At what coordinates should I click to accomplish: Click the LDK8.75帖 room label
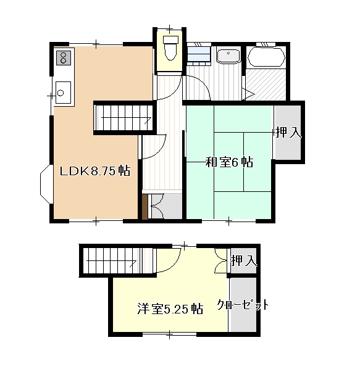(94, 171)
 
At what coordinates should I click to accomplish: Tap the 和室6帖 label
(228, 162)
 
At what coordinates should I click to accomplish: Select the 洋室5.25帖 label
(170, 309)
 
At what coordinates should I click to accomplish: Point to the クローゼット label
(243, 305)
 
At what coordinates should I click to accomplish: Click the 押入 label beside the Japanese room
(288, 131)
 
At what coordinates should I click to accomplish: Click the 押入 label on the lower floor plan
(243, 261)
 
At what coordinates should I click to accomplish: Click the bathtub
(266, 57)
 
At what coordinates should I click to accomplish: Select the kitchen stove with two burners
(63, 59)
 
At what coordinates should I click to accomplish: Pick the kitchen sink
(62, 93)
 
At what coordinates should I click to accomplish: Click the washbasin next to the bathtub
(228, 56)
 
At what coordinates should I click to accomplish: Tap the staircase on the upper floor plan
(124, 116)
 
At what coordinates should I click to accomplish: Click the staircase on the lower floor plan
(109, 259)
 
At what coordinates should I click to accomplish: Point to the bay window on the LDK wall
(46, 188)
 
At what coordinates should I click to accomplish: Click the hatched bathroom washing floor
(266, 82)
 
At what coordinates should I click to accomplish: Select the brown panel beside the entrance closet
(145, 207)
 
